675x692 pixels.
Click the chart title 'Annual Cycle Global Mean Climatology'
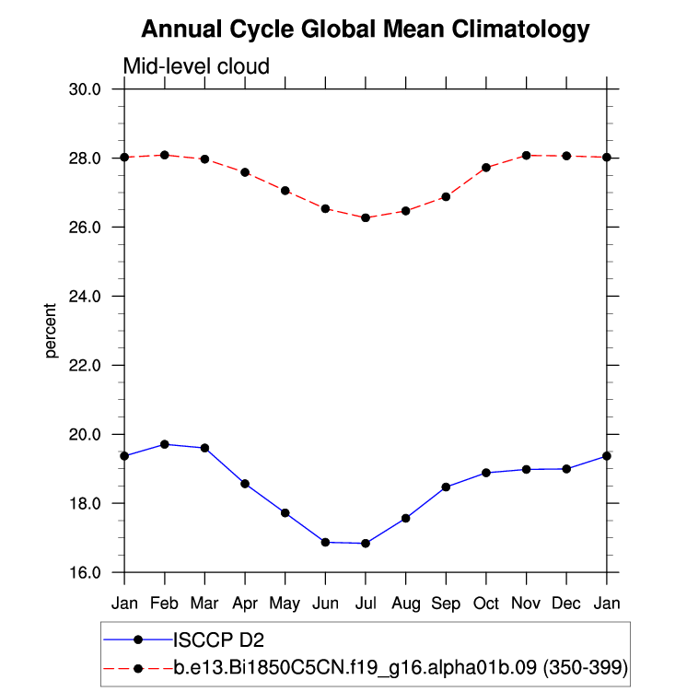coord(365,29)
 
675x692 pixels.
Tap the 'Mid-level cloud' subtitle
coord(196,66)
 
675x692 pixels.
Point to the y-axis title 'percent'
coord(52,330)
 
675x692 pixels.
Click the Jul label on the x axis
coord(366,604)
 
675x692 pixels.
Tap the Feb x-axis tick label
coord(165,604)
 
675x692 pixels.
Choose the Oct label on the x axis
coord(486,604)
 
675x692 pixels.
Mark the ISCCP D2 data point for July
coord(366,544)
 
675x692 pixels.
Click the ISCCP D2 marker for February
coord(165,444)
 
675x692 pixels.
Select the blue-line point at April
coord(245,484)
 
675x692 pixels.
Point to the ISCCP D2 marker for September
coord(446,487)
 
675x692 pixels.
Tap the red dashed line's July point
coord(366,217)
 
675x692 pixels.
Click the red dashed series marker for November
coord(527,156)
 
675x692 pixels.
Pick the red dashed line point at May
coord(285,191)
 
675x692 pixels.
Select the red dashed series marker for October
coord(486,168)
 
